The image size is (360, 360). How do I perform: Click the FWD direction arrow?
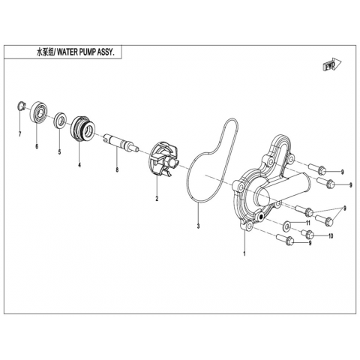(x=331, y=65)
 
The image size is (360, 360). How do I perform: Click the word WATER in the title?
(x=69, y=53)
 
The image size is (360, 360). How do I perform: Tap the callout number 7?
(x=19, y=134)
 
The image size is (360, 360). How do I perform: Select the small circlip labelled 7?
(x=22, y=106)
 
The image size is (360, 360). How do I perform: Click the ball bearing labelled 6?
(x=38, y=112)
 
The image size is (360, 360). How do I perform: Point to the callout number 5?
(x=59, y=151)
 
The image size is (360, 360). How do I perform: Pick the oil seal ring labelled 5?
(x=60, y=121)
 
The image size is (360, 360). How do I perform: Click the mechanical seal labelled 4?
(x=82, y=128)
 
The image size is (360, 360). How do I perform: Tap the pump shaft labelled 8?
(x=121, y=142)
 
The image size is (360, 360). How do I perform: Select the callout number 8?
(x=117, y=170)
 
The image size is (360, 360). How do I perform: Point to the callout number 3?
(x=198, y=226)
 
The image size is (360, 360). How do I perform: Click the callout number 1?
(x=244, y=253)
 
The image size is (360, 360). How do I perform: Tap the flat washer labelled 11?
(x=286, y=226)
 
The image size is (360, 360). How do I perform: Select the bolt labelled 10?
(x=307, y=234)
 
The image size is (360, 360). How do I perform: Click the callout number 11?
(x=308, y=223)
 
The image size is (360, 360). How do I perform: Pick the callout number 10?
(x=331, y=236)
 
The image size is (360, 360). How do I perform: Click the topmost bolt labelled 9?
(x=317, y=168)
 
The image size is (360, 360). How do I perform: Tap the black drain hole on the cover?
(x=262, y=217)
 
